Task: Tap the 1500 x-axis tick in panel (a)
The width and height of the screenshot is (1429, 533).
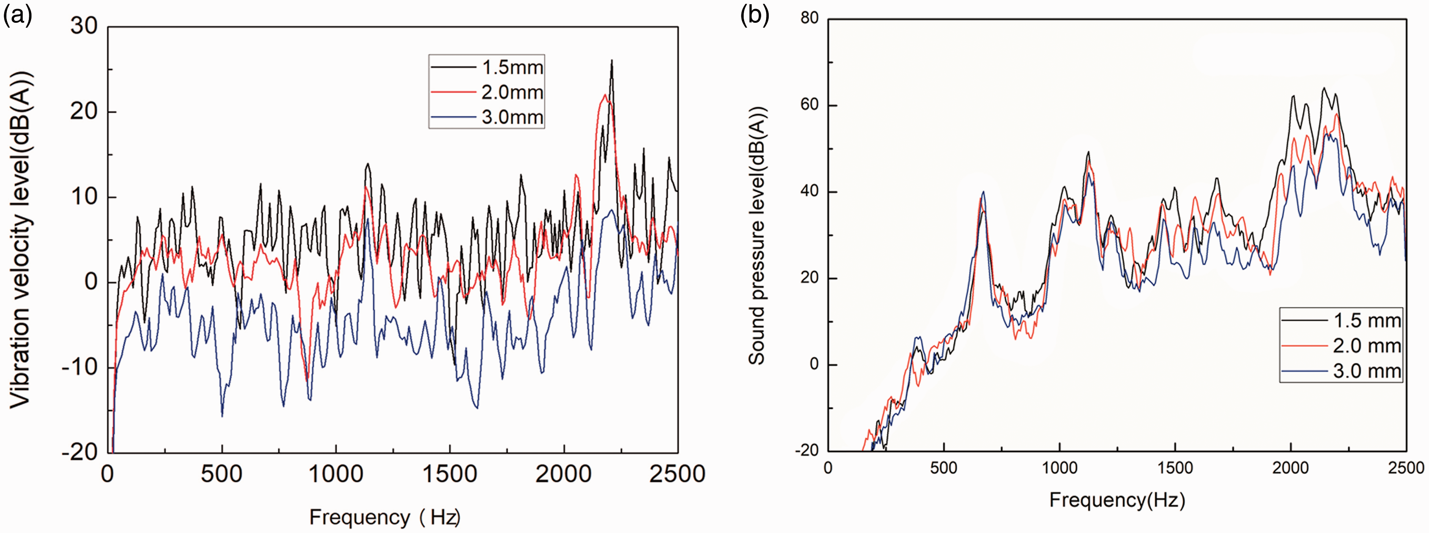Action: pos(450,474)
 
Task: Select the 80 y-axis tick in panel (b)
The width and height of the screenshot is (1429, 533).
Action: pos(810,18)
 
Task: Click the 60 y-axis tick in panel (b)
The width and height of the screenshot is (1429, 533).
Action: pos(810,104)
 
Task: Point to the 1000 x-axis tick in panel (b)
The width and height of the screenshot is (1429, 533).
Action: pos(1059,468)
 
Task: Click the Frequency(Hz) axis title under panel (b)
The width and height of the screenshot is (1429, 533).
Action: pos(1117,500)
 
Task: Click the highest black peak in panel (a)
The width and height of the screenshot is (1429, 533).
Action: pos(611,60)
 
